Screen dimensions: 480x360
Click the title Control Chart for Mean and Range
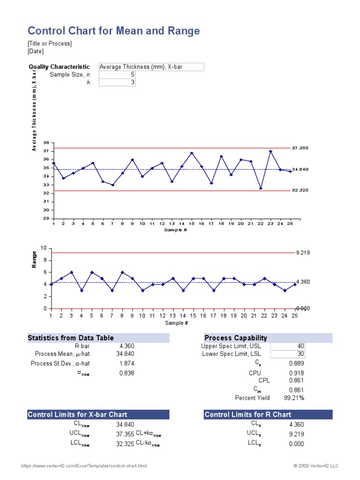pos(113,31)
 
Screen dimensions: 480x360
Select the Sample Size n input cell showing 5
pos(117,75)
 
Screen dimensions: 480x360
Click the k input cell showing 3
pos(117,82)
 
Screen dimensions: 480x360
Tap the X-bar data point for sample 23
pos(270,151)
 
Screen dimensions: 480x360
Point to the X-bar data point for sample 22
pos(261,188)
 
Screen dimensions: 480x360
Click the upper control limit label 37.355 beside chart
pos(300,148)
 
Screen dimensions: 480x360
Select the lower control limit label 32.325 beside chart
pos(300,190)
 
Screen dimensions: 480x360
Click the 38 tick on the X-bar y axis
pos(46,142)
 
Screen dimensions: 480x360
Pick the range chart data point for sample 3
pos(71,272)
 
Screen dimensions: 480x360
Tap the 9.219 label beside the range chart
pos(303,253)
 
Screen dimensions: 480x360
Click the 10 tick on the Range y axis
pos(44,248)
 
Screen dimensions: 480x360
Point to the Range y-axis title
pos(34,259)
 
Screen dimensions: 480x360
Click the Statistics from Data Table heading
pos(71,338)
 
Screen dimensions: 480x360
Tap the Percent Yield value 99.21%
pos(294,398)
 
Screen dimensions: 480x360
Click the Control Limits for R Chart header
pos(247,414)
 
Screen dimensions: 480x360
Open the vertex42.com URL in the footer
pos(84,466)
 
